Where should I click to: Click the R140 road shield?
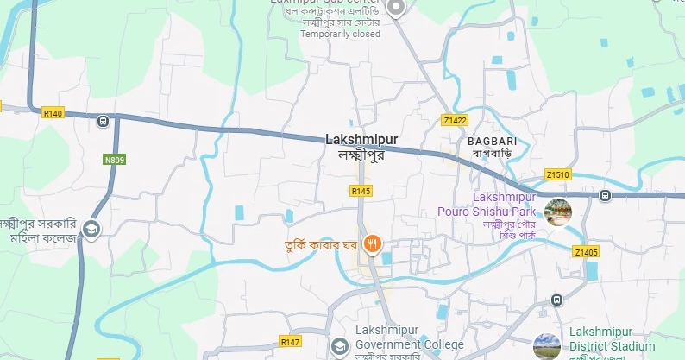click(53, 112)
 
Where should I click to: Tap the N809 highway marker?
click(114, 160)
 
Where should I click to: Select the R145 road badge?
click(361, 190)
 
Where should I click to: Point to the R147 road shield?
click(290, 343)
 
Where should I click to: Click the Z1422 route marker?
click(455, 120)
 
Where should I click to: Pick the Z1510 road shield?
click(558, 175)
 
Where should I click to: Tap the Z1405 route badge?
click(585, 252)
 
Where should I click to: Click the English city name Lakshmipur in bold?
click(355, 139)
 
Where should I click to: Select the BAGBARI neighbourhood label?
click(492, 140)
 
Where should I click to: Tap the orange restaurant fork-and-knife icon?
click(373, 244)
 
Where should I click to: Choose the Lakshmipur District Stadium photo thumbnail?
click(547, 345)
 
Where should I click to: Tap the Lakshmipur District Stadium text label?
click(612, 339)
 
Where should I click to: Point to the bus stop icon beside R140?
click(103, 121)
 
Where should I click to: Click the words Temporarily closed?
click(340, 35)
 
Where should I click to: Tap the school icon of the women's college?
click(91, 230)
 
